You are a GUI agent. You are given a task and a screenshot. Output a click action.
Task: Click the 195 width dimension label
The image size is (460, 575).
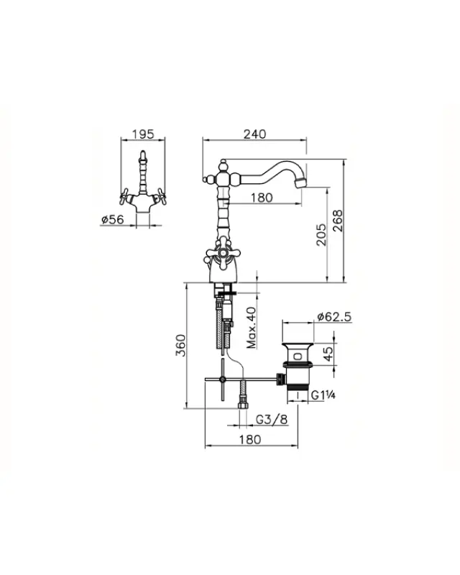144,134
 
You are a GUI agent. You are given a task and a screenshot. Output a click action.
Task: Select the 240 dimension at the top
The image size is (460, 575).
255,134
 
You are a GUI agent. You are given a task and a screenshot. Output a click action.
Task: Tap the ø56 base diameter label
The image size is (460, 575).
113,220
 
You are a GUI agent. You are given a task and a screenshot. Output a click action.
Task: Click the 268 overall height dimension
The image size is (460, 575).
339,221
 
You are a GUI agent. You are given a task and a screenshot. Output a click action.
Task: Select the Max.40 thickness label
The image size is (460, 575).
251,328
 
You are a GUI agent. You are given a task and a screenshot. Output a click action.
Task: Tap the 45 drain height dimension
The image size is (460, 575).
328,354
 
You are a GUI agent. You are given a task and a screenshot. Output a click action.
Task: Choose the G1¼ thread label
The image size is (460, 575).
323,394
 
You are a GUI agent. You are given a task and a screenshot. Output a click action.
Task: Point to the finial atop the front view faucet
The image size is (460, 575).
144,155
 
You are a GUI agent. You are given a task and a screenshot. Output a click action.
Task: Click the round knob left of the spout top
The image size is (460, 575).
205,177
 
